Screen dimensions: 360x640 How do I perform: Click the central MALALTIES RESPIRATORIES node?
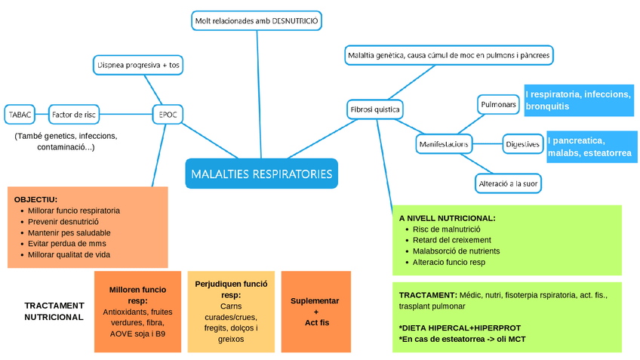261,174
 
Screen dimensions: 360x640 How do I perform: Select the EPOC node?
168,115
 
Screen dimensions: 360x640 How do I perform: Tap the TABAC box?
20,115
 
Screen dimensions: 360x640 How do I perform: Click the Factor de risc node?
73,115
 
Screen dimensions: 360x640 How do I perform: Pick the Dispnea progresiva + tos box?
138,66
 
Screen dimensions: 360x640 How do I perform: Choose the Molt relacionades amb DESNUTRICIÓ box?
257,21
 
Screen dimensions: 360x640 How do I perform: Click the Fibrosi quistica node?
375,109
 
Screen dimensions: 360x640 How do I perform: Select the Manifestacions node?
443,143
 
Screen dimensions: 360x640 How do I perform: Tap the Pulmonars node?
498,104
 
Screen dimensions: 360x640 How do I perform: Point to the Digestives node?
522,143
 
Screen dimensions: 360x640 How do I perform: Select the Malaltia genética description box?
448,55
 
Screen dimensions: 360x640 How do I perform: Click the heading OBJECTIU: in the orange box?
35,198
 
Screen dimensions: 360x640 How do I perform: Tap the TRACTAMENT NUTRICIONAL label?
54,311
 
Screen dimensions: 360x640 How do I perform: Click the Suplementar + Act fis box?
315,311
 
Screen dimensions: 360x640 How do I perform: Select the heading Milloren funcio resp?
137,294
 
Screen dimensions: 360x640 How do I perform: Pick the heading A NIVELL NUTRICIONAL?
447,218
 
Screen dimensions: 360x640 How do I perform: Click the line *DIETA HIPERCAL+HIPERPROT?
460,328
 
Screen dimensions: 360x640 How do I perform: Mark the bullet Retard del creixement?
451,240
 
